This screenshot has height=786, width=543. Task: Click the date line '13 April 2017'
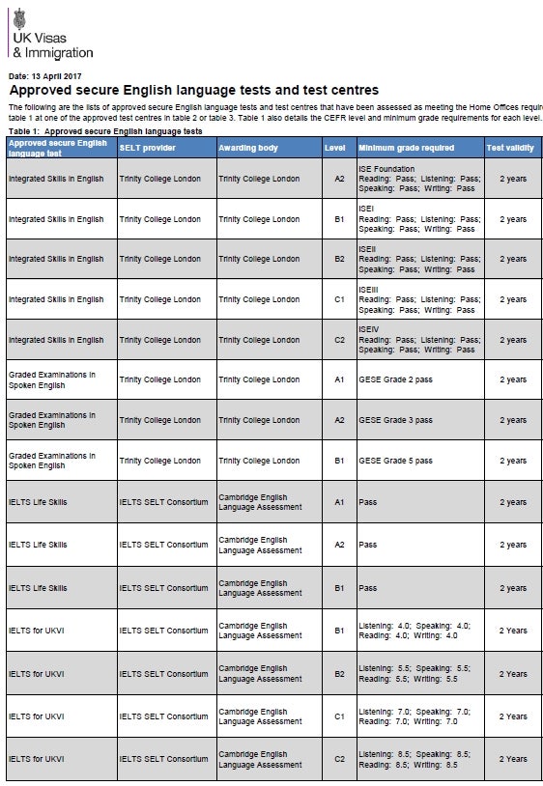tap(45, 74)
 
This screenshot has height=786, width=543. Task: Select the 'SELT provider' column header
tap(146, 147)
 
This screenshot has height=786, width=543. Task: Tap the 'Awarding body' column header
tap(248, 147)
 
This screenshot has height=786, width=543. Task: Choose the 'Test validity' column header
tap(510, 147)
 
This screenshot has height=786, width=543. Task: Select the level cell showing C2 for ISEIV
tap(339, 340)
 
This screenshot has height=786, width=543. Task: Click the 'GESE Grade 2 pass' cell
tap(395, 379)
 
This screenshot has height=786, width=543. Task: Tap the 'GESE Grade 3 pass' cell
tap(395, 420)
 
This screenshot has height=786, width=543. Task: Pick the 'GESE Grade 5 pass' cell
tap(395, 461)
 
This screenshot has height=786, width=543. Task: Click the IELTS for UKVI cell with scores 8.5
tap(418, 759)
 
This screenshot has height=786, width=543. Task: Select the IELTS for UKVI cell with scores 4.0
tap(418, 631)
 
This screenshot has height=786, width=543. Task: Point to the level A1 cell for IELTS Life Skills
tap(339, 502)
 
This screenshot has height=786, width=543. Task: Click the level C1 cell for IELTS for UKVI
tap(339, 716)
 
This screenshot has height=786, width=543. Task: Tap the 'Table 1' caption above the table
tap(105, 129)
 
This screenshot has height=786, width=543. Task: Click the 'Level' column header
tap(335, 147)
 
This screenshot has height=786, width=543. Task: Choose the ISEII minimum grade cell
tap(418, 259)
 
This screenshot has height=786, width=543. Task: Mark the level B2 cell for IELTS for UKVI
tap(339, 674)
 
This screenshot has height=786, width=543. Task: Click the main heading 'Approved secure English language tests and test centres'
tap(193, 90)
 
